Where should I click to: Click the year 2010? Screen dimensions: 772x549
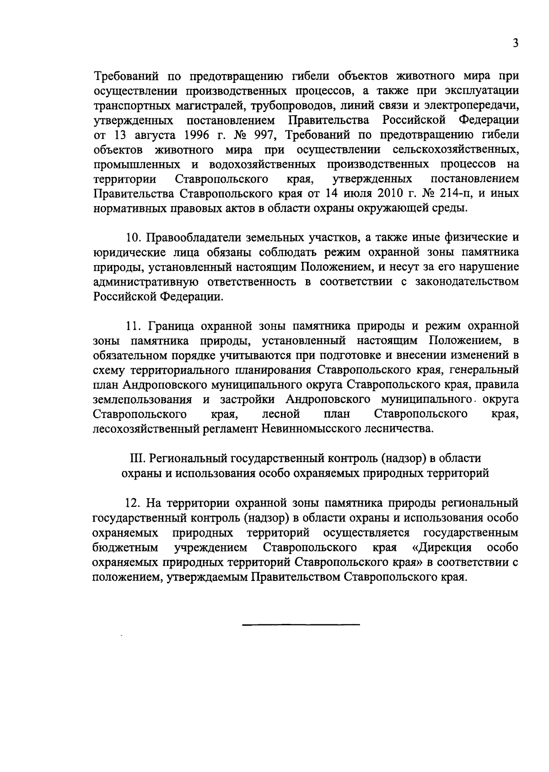coord(384,193)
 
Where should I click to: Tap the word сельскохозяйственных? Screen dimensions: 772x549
coord(455,149)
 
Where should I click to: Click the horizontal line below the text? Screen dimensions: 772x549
coord(301,624)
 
